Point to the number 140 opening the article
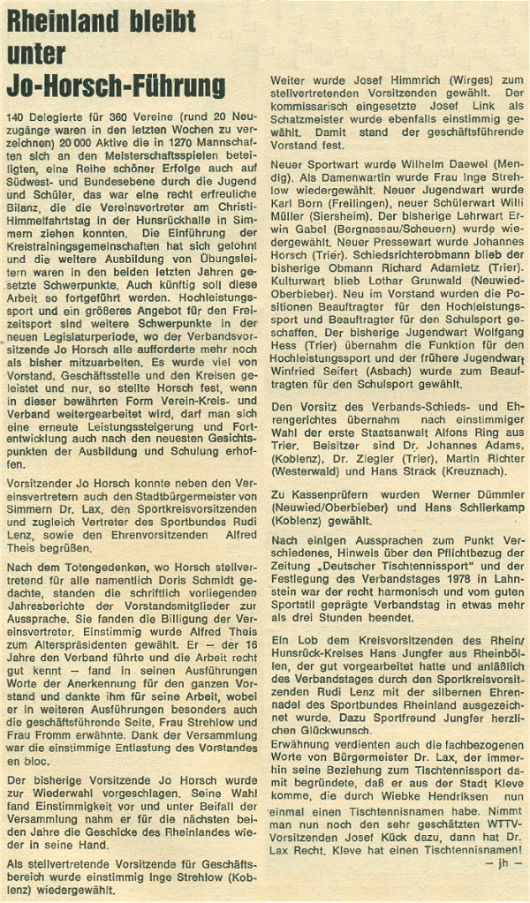coord(18,117)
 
